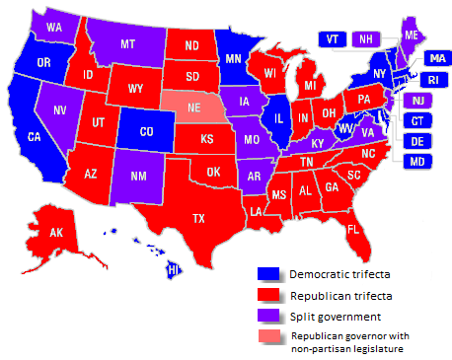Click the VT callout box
click(333, 39)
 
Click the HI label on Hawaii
click(174, 269)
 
